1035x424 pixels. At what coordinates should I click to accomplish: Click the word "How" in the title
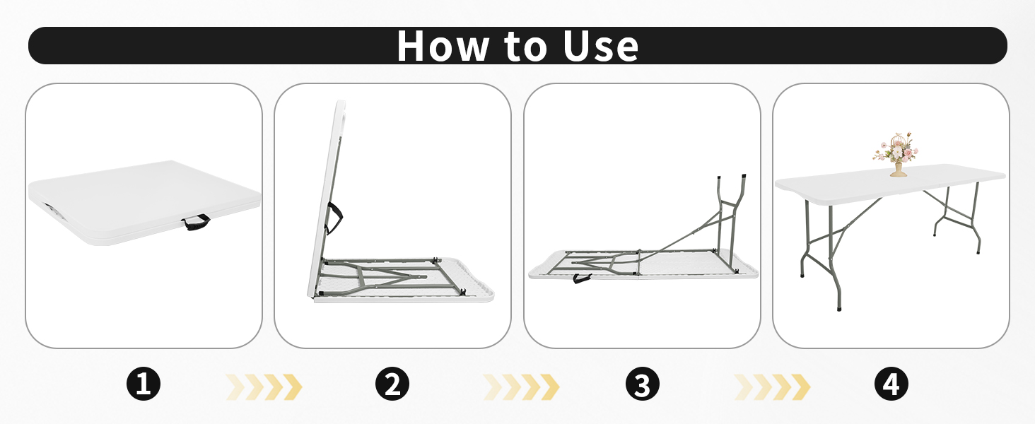[444, 46]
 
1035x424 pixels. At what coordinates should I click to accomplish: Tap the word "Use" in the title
[600, 46]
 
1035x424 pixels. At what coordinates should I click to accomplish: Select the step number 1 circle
[144, 385]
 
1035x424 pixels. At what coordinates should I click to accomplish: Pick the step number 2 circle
[392, 385]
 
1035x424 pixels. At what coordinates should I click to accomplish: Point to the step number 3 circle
[642, 385]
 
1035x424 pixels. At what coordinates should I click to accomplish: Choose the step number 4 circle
[891, 385]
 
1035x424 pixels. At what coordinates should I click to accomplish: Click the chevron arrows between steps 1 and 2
[264, 387]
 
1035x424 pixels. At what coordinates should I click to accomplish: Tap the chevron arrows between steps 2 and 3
[521, 387]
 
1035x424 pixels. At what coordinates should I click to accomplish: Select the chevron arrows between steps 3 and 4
[772, 387]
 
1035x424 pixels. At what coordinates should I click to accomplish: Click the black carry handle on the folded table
[196, 223]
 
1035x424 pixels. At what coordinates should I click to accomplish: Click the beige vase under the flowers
[897, 170]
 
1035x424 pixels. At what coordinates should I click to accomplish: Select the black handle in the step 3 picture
[583, 278]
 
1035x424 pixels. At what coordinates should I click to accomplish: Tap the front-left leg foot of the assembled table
[839, 308]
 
